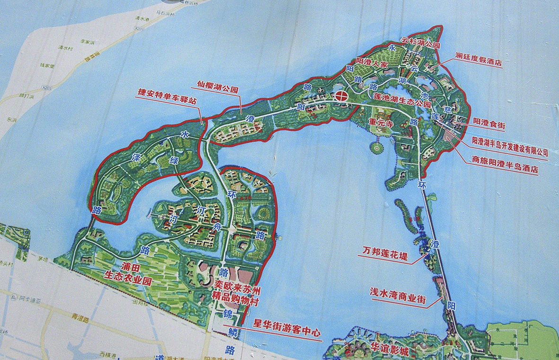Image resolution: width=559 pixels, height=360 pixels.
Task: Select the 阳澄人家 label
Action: coord(372,63)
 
